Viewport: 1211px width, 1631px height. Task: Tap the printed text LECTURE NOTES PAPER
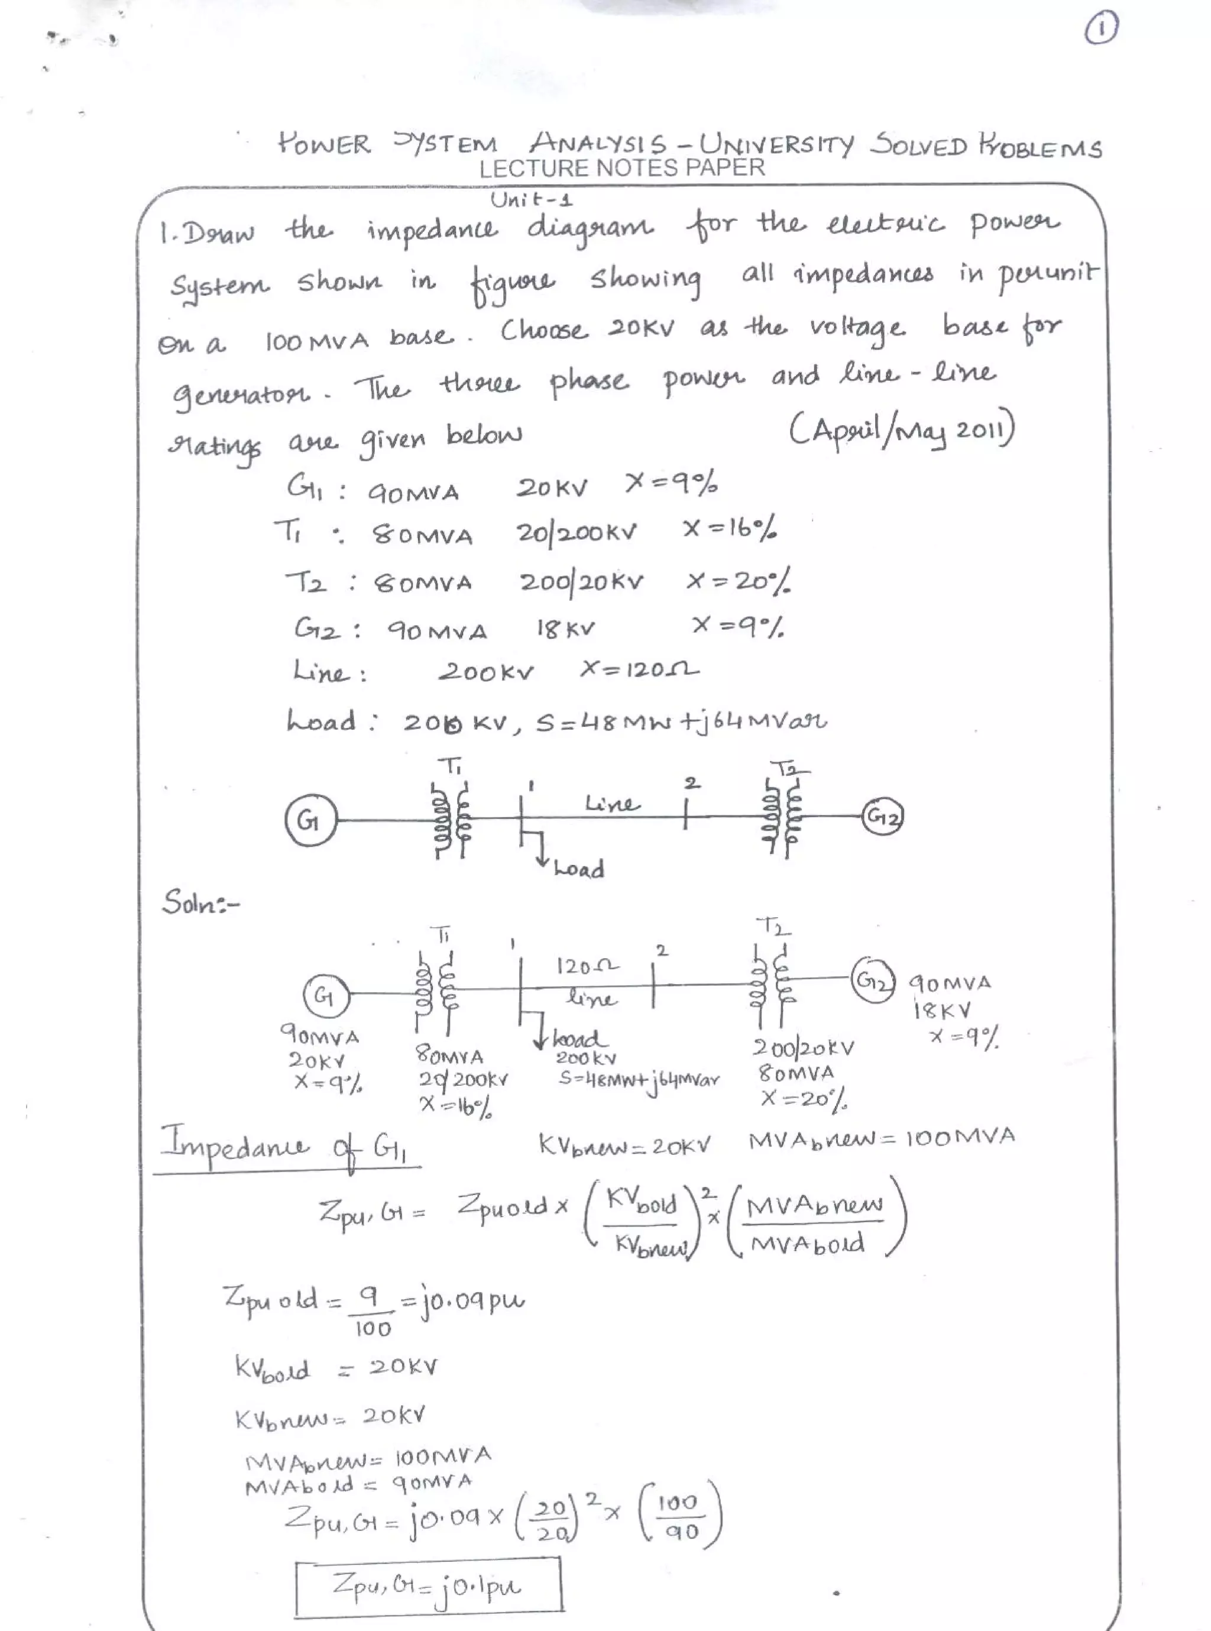621,168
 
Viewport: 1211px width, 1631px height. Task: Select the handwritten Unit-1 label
532,199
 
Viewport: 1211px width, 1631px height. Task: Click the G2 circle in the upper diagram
883,816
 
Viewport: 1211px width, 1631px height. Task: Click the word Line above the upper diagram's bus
612,804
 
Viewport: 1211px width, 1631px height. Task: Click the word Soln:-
199,903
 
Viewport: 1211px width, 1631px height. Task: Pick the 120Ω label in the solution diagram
587,967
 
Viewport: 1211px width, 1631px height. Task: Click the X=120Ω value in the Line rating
639,669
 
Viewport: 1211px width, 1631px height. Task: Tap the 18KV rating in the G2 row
565,628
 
